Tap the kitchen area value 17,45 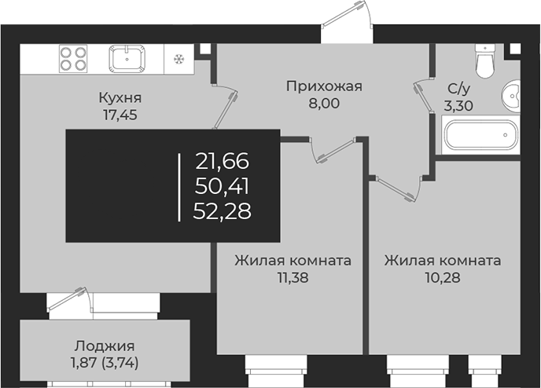(120, 115)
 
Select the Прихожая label (324, 86)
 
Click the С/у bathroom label (460, 90)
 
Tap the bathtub (480, 137)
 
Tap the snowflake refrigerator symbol (178, 59)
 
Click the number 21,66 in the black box (223, 163)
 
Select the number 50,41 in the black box (223, 186)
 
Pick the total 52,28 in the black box (223, 210)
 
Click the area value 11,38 (292, 277)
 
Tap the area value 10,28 (443, 277)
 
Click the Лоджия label (105, 346)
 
